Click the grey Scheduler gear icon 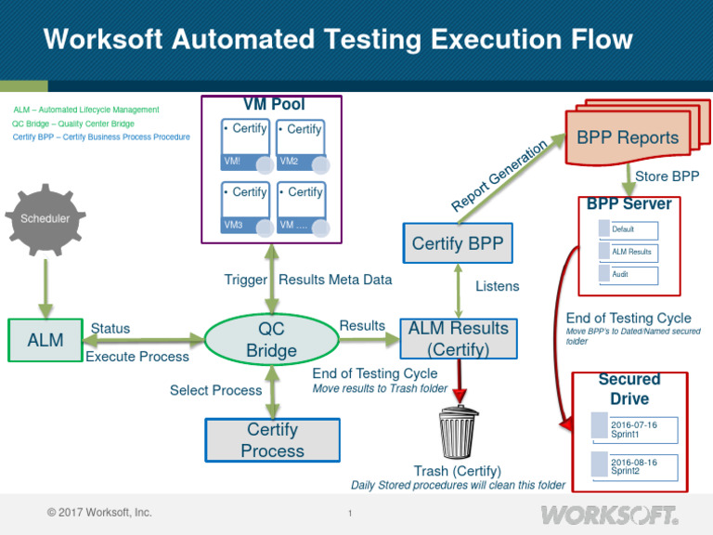(x=46, y=219)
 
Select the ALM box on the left (x=45, y=340)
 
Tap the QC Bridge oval (x=271, y=340)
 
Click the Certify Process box (x=272, y=440)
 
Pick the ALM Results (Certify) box (x=459, y=339)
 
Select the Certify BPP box (x=457, y=245)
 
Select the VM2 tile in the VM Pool (x=304, y=145)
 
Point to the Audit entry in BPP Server (x=634, y=275)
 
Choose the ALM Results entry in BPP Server (x=634, y=252)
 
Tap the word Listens (x=498, y=287)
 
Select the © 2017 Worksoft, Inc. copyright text (x=99, y=513)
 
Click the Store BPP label (x=667, y=176)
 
